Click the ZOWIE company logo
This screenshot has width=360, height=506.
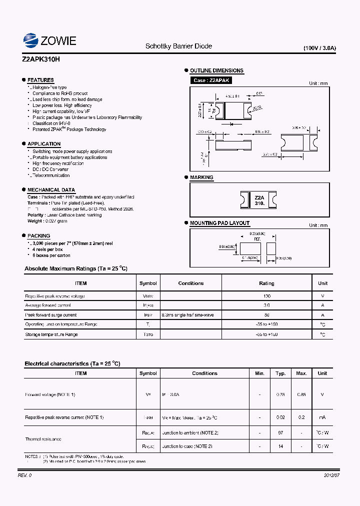(x=50, y=40)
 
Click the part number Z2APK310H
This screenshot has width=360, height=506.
(x=41, y=58)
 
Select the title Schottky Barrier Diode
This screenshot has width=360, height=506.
(x=178, y=46)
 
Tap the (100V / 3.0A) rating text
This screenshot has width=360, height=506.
(x=320, y=48)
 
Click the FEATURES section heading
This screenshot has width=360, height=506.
(x=40, y=80)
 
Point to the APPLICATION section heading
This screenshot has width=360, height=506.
(x=44, y=144)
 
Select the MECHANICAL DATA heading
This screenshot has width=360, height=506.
(x=51, y=190)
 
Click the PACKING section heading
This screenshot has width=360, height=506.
(x=38, y=235)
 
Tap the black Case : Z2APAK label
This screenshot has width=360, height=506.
(x=211, y=80)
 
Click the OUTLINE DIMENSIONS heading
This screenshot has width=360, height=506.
(x=216, y=70)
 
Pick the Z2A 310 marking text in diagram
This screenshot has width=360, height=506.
(x=259, y=200)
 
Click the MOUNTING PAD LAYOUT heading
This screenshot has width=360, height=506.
(x=219, y=223)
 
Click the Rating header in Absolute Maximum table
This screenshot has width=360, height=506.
(x=266, y=283)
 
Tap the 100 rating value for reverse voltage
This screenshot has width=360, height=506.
(x=266, y=296)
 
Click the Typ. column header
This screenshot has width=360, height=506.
(x=280, y=373)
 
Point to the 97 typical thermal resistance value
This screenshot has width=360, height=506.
(x=280, y=432)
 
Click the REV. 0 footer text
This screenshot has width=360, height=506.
(x=25, y=475)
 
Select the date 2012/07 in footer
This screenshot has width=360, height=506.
(x=324, y=475)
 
